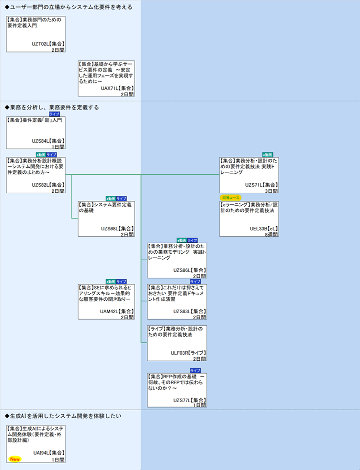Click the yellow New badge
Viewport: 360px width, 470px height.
point(15,459)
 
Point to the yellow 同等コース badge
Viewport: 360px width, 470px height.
point(231,198)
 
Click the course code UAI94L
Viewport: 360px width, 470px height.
point(41,453)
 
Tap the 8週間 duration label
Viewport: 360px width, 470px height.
point(271,234)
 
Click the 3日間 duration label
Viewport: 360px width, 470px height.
point(271,191)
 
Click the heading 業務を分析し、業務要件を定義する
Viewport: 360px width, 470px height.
point(52,107)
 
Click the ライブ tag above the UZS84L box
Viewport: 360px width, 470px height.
point(54,114)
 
